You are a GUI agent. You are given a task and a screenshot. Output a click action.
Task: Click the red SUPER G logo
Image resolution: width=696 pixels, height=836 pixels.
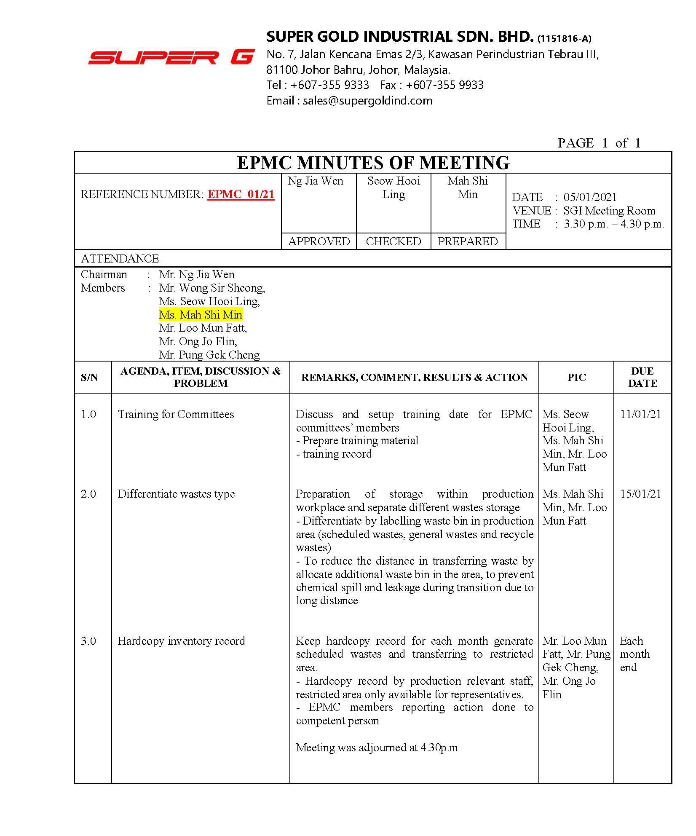pyautogui.click(x=171, y=57)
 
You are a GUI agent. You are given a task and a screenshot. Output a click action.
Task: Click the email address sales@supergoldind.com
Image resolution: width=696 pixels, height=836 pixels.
pyautogui.click(x=367, y=101)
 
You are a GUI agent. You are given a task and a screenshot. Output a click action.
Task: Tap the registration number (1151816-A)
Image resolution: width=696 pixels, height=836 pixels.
pyautogui.click(x=564, y=39)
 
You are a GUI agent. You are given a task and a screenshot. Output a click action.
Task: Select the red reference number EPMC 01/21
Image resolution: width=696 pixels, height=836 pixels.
pyautogui.click(x=241, y=194)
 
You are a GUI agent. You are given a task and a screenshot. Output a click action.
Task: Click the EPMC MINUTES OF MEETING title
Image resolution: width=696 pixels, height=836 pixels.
pyautogui.click(x=373, y=163)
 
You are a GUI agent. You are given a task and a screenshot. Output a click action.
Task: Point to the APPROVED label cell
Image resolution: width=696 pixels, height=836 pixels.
pyautogui.click(x=319, y=241)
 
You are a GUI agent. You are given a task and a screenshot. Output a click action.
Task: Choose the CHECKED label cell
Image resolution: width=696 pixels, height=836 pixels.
pyautogui.click(x=394, y=241)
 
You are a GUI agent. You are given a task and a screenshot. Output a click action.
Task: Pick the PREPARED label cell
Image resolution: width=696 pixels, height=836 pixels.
pyautogui.click(x=468, y=241)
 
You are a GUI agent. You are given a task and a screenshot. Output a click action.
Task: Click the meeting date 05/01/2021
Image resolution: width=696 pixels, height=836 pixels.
pyautogui.click(x=590, y=197)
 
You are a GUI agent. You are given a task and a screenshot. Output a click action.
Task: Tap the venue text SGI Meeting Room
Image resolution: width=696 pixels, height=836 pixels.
pyautogui.click(x=609, y=211)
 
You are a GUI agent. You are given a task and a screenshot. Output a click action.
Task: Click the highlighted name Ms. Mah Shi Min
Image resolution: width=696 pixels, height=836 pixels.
pyautogui.click(x=201, y=315)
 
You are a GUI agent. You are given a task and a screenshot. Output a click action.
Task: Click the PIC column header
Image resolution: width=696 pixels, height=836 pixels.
pyautogui.click(x=576, y=377)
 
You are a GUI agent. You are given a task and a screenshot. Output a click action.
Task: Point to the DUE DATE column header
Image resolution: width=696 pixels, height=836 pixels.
pyautogui.click(x=642, y=377)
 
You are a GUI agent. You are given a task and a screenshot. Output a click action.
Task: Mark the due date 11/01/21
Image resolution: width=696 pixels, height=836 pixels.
pyautogui.click(x=640, y=414)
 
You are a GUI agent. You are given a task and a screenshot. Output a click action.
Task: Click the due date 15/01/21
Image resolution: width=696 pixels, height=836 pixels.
pyautogui.click(x=640, y=494)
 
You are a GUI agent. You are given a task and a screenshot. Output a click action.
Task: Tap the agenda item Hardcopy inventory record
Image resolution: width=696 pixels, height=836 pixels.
pyautogui.click(x=181, y=641)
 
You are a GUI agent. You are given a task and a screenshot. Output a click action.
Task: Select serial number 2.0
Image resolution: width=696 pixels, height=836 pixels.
pyautogui.click(x=88, y=494)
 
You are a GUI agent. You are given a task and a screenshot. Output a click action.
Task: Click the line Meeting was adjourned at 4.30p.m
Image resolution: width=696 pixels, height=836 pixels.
pyautogui.click(x=377, y=748)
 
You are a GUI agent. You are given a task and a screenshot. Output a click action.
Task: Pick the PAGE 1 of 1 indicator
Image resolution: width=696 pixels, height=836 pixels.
pyautogui.click(x=599, y=143)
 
